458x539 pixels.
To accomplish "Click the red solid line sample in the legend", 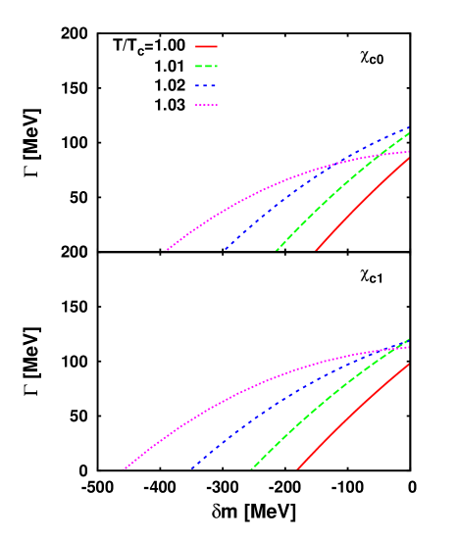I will coord(206,46).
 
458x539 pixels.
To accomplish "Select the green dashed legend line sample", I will coord(206,67).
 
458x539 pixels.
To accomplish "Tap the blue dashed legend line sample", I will coord(206,86).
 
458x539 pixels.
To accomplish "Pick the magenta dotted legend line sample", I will coord(206,105).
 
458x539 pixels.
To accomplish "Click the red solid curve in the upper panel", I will coord(363,203).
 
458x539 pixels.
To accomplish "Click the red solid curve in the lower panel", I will coord(353,416).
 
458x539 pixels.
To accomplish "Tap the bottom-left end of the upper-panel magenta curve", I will coord(165,251).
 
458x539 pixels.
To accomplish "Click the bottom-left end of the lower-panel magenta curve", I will coord(124,469).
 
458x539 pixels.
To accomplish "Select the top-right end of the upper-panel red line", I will coord(409,156).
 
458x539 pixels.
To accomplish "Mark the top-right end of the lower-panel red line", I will coord(409,364).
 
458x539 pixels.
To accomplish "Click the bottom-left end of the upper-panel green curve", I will coord(276,251).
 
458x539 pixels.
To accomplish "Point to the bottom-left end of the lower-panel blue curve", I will coord(190,469).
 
